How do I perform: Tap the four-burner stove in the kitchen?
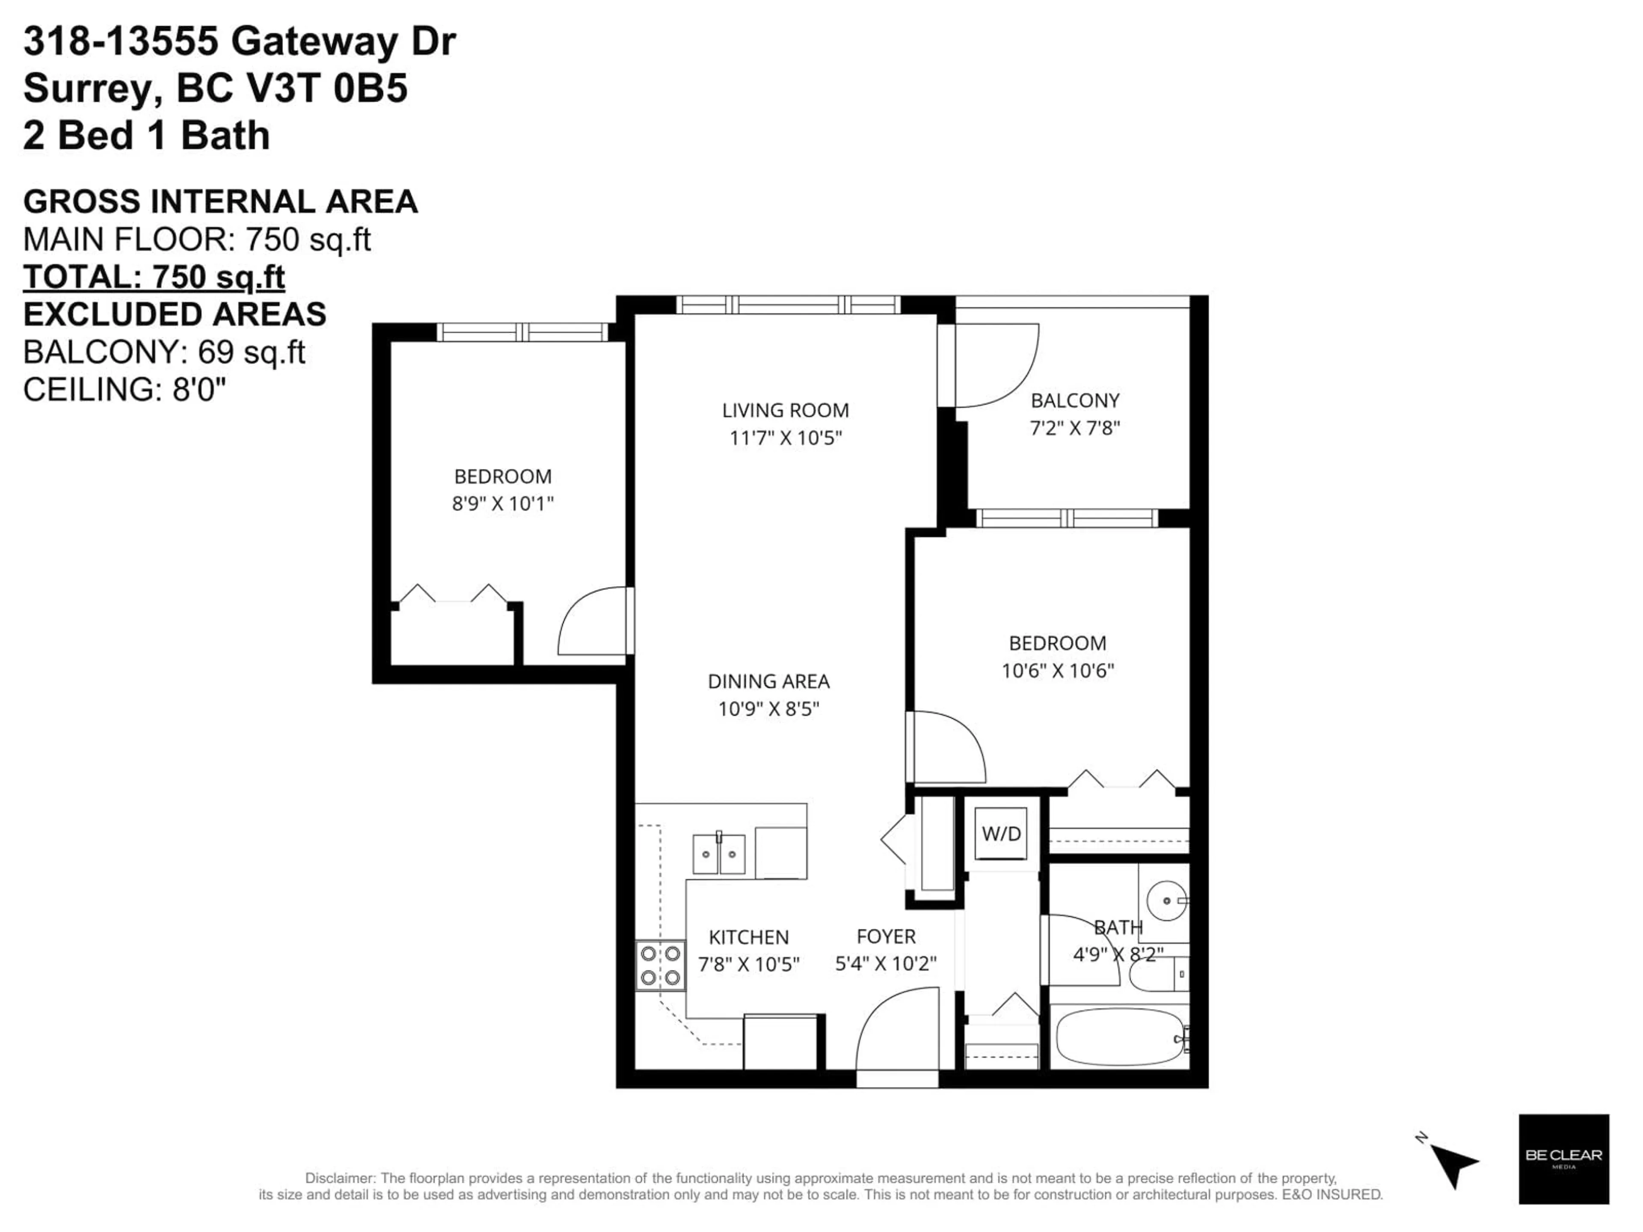coord(660,965)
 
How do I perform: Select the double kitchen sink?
coord(718,854)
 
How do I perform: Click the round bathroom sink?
coord(1166,901)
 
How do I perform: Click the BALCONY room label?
coord(1075,401)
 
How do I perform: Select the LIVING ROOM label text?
coord(785,410)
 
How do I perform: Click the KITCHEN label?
coord(749,937)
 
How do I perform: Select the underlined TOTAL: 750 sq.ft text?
coord(154,277)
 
